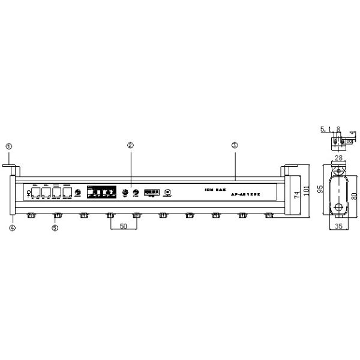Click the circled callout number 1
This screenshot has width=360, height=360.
(8, 146)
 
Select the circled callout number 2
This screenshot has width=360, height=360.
(130, 145)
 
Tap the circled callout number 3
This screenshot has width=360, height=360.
(235, 145)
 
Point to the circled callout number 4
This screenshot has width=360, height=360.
(11, 227)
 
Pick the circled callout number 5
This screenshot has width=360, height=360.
(55, 227)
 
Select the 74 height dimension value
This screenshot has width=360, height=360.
(296, 196)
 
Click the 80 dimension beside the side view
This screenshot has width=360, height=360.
(354, 195)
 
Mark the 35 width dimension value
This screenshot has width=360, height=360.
(340, 227)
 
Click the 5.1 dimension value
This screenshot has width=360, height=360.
(325, 129)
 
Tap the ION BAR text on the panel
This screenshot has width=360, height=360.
(214, 190)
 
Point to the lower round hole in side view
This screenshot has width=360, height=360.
(340, 208)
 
